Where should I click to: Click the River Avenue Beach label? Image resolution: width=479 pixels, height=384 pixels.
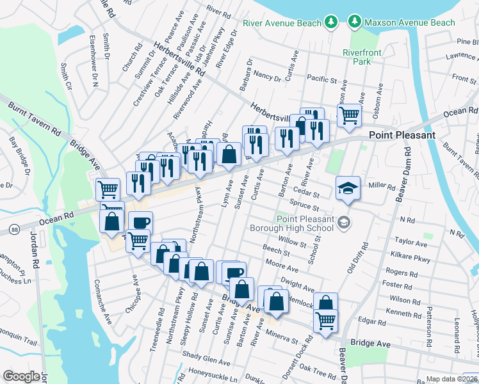click(x=282, y=23)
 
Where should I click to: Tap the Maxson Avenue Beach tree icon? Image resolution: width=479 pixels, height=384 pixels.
click(x=353, y=22)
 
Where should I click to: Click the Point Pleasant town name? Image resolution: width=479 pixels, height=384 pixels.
click(x=402, y=135)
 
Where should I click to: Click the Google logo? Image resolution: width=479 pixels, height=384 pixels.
click(x=21, y=376)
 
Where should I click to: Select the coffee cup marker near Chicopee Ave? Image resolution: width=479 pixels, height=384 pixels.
click(x=140, y=223)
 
